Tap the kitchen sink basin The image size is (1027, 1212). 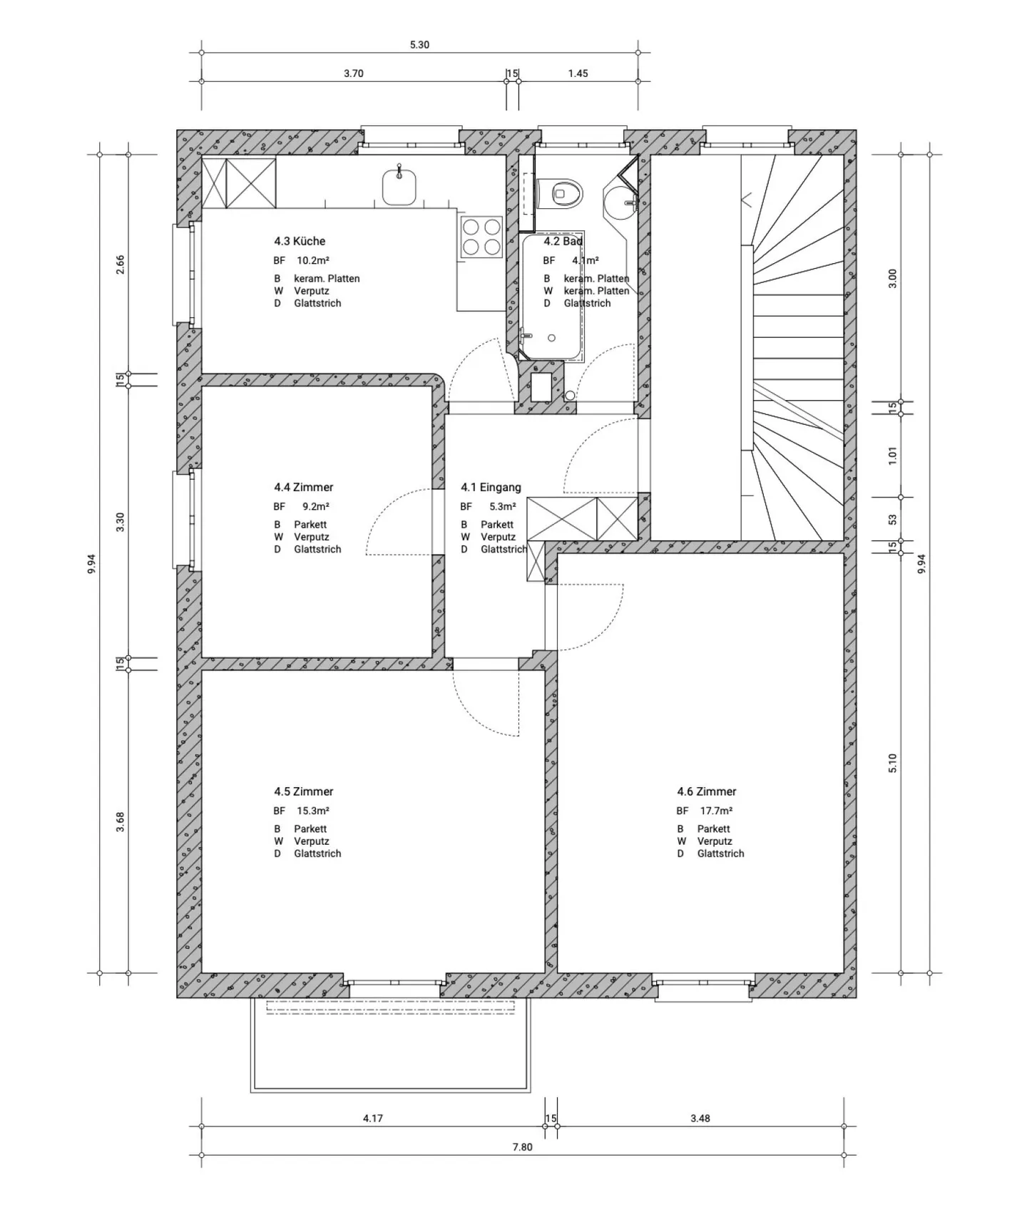coord(399,188)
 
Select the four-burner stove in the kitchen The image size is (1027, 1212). coord(481,237)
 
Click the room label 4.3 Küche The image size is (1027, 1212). coord(300,241)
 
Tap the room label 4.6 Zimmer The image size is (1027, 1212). coord(706,791)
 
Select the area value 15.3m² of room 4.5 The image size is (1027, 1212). coord(312,811)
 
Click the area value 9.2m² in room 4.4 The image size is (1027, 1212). coord(315,507)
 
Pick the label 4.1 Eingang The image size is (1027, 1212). coord(491,488)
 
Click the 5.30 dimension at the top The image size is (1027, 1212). coord(419,45)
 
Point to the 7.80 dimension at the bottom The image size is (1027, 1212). coord(522,1147)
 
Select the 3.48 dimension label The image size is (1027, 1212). coord(700,1118)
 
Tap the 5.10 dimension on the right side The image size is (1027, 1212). coord(892,763)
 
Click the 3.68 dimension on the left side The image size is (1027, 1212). coord(121,821)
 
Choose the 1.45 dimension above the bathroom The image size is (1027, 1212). coord(578,73)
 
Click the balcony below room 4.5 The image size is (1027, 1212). coord(390,1048)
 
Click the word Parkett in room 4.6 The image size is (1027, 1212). coord(713,828)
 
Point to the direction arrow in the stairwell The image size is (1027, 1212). coord(747,200)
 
